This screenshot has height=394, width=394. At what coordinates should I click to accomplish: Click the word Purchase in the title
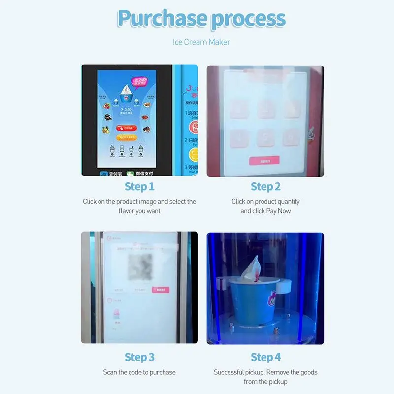pos(162,19)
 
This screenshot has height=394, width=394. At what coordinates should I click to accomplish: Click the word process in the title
pos(249,19)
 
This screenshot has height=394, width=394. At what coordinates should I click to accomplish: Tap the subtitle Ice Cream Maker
pos(201,42)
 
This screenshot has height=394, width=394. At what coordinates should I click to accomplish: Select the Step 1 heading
pos(139,186)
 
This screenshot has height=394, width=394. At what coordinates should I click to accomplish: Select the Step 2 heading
pos(265,186)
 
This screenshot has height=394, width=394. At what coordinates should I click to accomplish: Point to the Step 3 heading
pos(139,357)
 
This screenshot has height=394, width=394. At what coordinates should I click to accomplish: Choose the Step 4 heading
pos(265,357)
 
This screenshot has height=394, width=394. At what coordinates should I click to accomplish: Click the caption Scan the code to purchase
pos(139,372)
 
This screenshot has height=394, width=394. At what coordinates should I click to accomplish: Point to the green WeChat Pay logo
pos(130,173)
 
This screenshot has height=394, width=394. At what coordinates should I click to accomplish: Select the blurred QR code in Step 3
pos(141,266)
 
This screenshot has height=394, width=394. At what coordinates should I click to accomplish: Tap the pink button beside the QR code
pos(161,290)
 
